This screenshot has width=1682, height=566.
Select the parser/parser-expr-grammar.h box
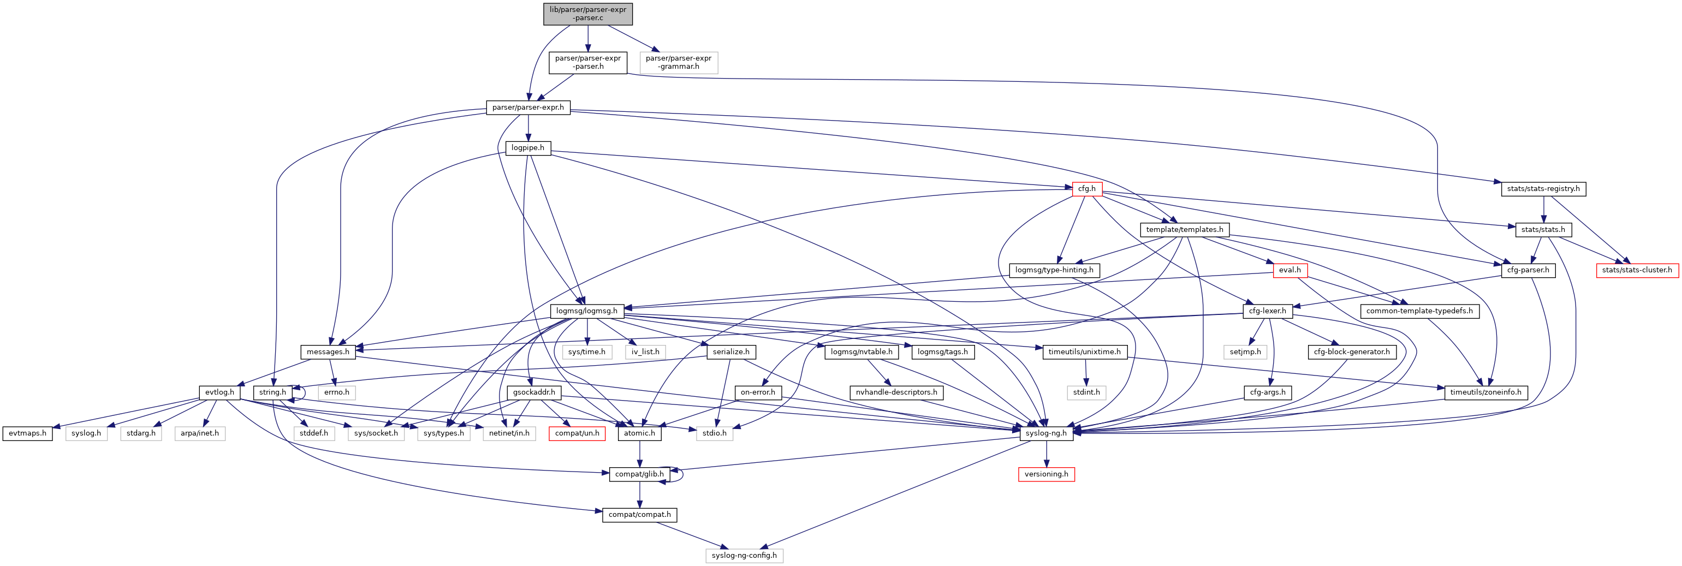coord(679,63)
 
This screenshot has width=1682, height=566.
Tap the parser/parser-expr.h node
coord(527,108)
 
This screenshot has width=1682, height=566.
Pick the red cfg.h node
coord(1086,189)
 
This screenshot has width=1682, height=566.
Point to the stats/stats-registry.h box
coord(1543,189)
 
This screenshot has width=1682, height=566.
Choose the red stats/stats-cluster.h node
coord(1637,270)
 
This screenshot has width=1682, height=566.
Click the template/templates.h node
coord(1185,230)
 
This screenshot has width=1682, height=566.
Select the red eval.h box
coord(1289,270)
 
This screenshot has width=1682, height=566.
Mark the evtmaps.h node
coord(27,433)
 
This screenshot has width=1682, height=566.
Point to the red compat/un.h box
coord(576,433)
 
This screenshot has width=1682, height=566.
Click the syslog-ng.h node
coord(1046,433)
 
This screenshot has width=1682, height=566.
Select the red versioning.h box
coord(1046,474)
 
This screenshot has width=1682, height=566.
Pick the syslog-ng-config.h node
coord(744,556)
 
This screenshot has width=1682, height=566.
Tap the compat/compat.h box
coord(639,515)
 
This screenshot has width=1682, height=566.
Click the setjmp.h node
coord(1245,352)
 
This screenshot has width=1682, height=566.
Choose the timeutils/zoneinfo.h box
coord(1485,392)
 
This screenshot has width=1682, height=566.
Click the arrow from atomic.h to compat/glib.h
coord(639,454)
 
